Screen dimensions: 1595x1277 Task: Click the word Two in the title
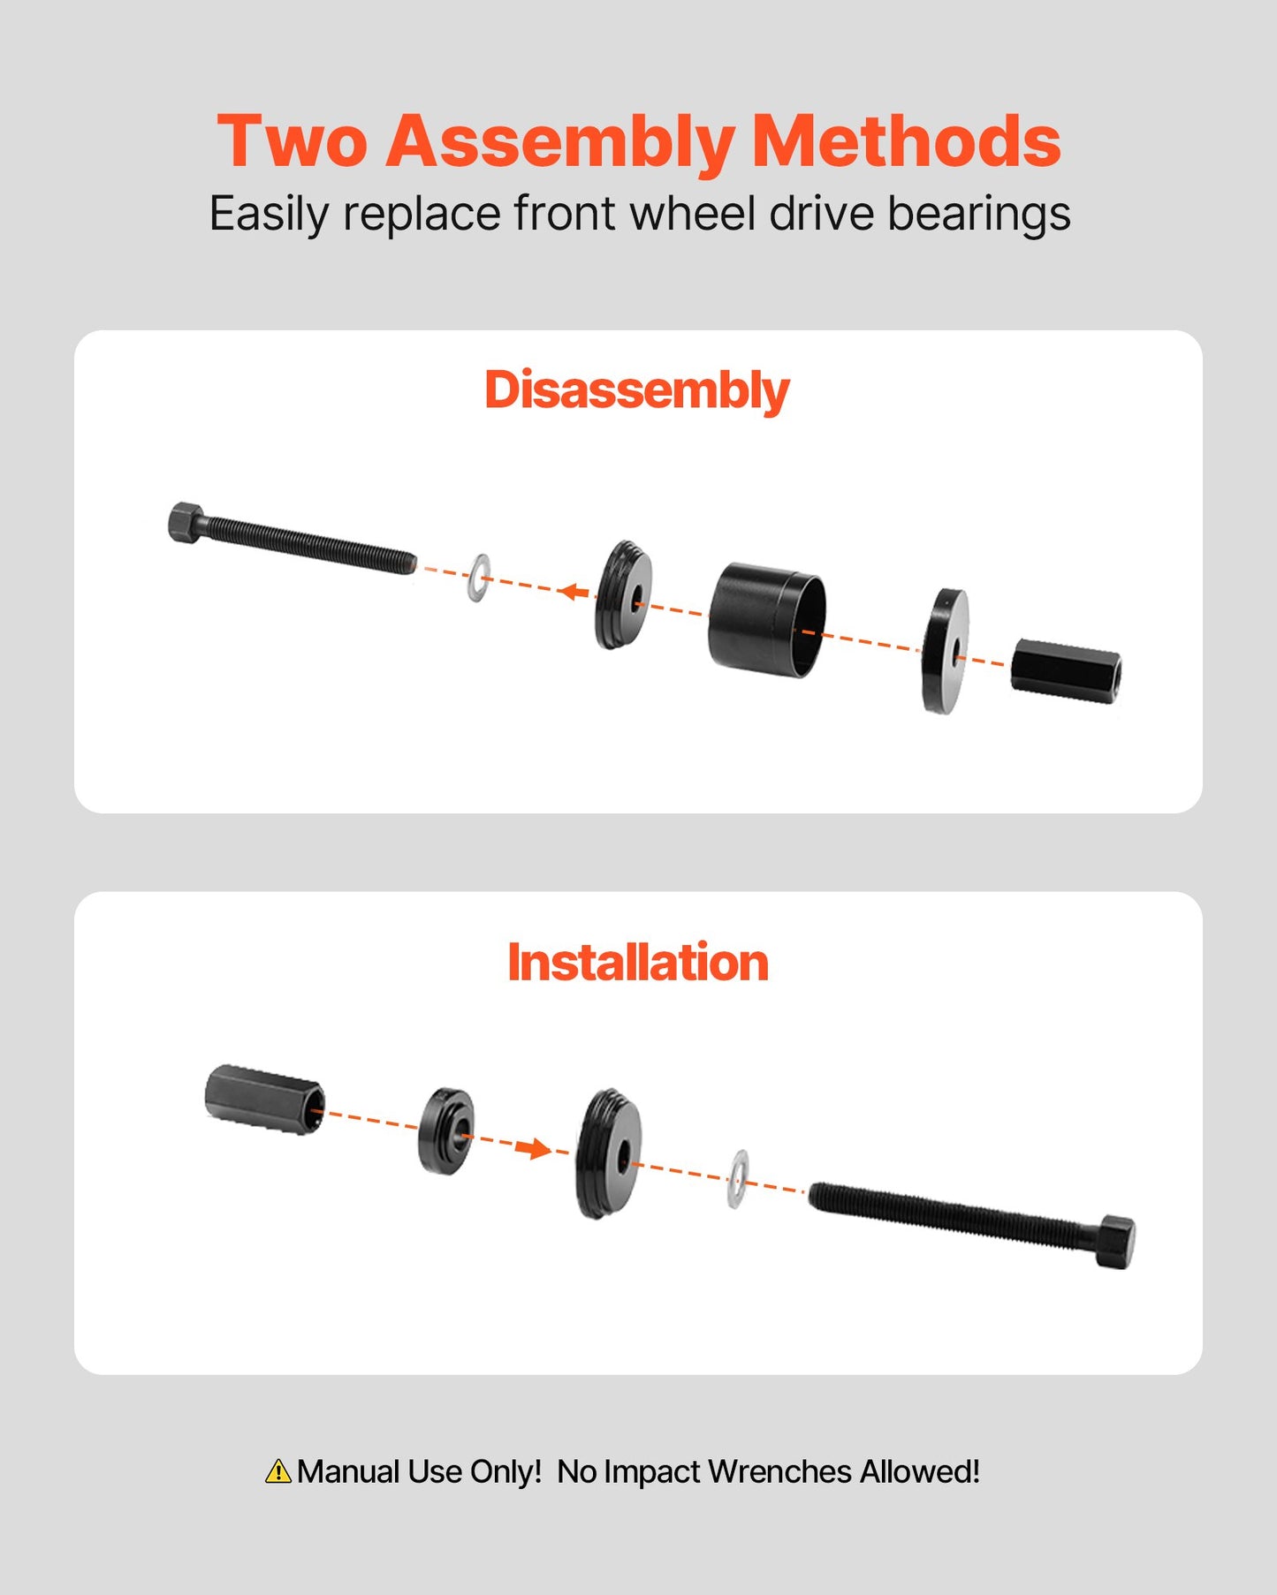pyautogui.click(x=292, y=141)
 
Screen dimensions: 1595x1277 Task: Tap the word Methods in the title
pyautogui.click(x=907, y=141)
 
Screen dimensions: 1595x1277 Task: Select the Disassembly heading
pyautogui.click(x=636, y=390)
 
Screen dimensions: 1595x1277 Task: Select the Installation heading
pyautogui.click(x=637, y=962)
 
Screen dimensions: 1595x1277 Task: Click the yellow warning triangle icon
pyautogui.click(x=277, y=1471)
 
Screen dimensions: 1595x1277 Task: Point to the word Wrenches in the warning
pyautogui.click(x=779, y=1471)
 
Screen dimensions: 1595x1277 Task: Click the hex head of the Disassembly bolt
pyautogui.click(x=185, y=522)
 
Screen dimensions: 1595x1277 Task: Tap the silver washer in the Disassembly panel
pyautogui.click(x=478, y=578)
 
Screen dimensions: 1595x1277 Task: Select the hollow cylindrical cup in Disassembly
pyautogui.click(x=766, y=620)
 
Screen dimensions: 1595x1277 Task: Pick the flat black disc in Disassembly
pyautogui.click(x=945, y=651)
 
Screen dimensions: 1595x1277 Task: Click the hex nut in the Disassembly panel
pyautogui.click(x=1066, y=671)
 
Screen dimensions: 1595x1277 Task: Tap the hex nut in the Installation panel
pyautogui.click(x=264, y=1100)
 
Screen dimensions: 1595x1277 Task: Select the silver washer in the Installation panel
pyautogui.click(x=737, y=1179)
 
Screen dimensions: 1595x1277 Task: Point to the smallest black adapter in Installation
pyautogui.click(x=445, y=1130)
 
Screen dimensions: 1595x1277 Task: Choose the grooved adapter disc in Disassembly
pyautogui.click(x=623, y=595)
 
